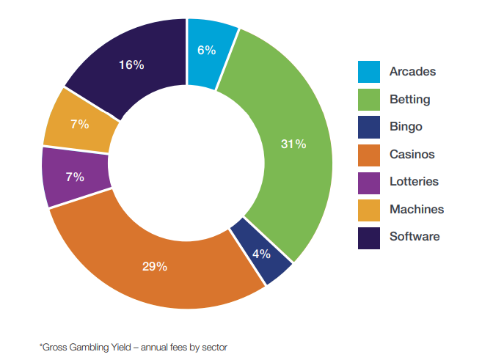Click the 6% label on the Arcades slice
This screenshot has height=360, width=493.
click(x=206, y=51)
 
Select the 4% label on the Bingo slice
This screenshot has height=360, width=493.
click(x=261, y=254)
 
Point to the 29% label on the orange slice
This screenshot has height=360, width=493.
click(x=155, y=266)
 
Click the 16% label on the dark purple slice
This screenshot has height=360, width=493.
click(x=131, y=65)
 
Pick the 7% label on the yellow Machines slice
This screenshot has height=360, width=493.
click(x=80, y=124)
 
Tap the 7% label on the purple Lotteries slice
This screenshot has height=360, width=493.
click(x=75, y=177)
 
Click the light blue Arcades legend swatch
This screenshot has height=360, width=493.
click(x=369, y=72)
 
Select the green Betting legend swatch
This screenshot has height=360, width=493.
click(x=369, y=100)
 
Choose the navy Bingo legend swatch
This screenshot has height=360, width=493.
click(x=369, y=127)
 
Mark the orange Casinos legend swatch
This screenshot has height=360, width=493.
click(x=369, y=155)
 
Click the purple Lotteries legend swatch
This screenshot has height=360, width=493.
click(x=369, y=182)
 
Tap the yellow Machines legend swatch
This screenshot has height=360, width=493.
click(x=369, y=210)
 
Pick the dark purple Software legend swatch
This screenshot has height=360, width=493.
click(x=369, y=237)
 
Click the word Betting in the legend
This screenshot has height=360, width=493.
click(x=410, y=100)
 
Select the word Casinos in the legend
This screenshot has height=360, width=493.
click(x=412, y=155)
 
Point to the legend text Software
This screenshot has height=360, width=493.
click(x=415, y=237)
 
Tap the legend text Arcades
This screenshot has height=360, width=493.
click(x=413, y=72)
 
